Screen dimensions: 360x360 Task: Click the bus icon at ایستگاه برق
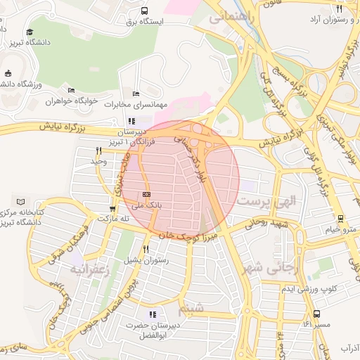click(x=144, y=11)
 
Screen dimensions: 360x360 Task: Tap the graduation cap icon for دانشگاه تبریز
click(x=30, y=32)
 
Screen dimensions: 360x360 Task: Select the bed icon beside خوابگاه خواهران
click(x=71, y=90)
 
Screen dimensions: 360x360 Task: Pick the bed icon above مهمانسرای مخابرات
click(x=136, y=94)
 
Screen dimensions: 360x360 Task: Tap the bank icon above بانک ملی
click(x=146, y=193)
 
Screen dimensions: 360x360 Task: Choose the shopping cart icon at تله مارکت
click(x=112, y=209)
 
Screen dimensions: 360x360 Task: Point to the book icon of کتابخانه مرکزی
click(x=20, y=201)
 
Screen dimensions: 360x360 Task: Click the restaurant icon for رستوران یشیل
click(x=146, y=249)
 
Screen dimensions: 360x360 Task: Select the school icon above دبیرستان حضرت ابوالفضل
click(x=153, y=314)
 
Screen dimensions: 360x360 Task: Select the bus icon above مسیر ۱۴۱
click(x=316, y=314)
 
